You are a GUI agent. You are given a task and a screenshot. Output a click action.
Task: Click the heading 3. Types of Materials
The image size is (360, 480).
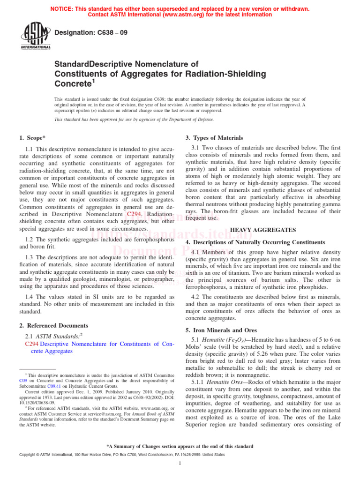[214, 138]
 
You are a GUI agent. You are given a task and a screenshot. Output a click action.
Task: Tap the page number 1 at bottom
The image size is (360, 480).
[180, 464]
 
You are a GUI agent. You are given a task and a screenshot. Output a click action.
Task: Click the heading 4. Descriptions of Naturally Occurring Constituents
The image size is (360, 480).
[255, 242]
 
